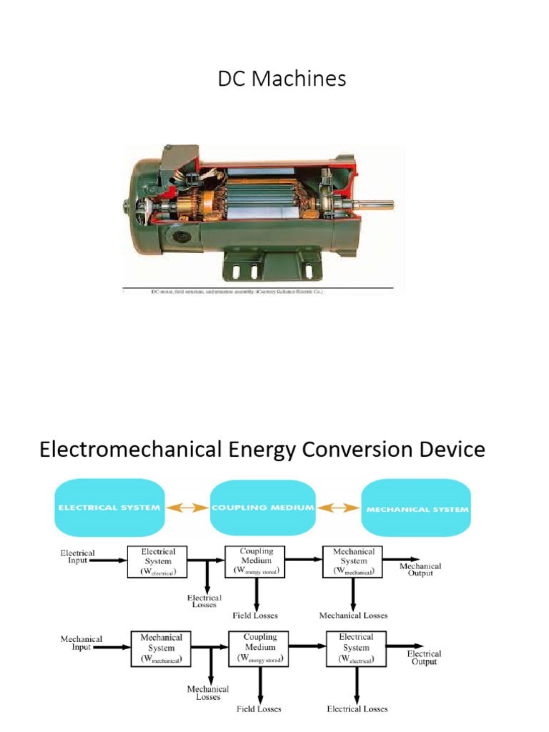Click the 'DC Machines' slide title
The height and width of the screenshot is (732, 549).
pos(282,79)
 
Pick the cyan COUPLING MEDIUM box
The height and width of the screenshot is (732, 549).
pos(263,508)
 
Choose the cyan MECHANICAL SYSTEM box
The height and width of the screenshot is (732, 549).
pos(417,509)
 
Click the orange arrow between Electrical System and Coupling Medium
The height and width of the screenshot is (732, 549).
pos(187,508)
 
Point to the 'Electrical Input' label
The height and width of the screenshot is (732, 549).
pos(77,557)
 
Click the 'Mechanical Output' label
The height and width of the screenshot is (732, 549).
pos(420,570)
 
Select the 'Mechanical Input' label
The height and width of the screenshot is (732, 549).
pos(81,643)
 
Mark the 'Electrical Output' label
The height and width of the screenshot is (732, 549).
pos(424,658)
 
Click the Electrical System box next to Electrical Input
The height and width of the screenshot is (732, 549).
pos(157,562)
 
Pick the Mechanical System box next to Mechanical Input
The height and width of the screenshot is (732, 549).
pos(161,648)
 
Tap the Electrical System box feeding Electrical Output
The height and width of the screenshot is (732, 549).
pos(356,648)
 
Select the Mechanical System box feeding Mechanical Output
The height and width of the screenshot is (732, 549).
pos(353,562)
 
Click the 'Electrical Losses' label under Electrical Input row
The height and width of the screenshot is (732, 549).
pos(204,601)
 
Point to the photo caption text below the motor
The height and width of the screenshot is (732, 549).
pos(236,292)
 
